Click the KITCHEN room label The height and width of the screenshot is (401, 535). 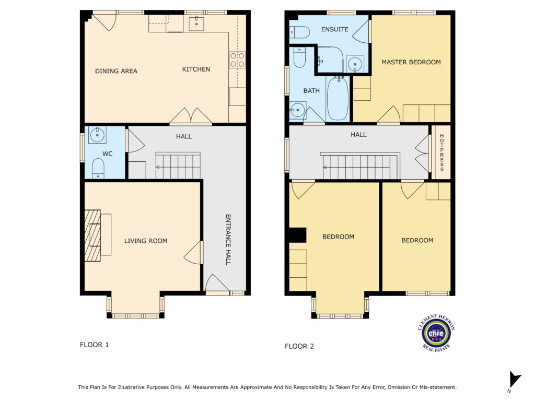[196, 69]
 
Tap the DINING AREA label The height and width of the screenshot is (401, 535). [116, 71]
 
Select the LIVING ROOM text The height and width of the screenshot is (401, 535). [146, 241]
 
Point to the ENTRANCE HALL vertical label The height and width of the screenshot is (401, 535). [228, 240]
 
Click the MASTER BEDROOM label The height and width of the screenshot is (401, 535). [411, 62]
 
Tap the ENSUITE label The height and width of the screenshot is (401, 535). [335, 29]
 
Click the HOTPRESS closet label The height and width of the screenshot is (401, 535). [441, 152]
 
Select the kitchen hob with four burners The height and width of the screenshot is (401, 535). [237, 60]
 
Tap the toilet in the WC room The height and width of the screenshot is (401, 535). [98, 168]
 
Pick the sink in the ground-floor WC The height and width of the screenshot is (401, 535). [98, 135]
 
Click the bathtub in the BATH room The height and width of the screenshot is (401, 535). [338, 99]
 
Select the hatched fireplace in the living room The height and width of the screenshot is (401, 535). [92, 235]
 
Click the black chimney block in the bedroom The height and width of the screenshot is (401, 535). [297, 235]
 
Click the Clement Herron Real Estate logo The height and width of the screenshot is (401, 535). [436, 333]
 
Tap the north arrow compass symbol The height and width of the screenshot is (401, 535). [515, 380]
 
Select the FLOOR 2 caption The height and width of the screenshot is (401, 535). [299, 347]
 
